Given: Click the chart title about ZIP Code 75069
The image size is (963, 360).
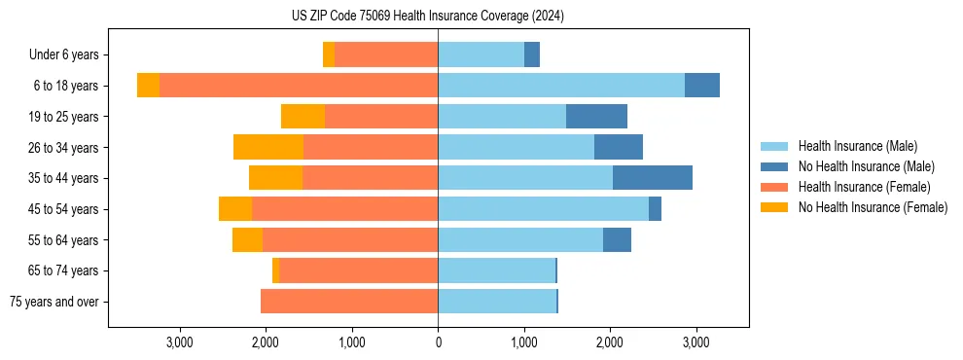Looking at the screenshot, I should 428,16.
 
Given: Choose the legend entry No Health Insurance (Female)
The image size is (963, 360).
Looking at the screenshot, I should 873,207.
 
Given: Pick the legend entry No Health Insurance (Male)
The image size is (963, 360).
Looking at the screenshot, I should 866,166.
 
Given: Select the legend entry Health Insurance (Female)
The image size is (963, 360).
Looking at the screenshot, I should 864,187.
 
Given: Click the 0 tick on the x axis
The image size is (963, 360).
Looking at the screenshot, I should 438,342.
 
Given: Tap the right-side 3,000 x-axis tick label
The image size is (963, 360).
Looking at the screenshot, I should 695,342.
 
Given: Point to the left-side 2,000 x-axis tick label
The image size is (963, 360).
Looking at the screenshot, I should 266,342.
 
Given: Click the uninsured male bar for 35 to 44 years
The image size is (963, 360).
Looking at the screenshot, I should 653,178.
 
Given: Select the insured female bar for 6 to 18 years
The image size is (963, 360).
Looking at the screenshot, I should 299,86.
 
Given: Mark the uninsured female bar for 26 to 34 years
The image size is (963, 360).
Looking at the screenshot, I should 268,147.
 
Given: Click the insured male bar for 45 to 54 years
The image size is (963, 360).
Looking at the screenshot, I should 543,209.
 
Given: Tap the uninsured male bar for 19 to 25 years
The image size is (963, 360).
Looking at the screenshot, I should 596,117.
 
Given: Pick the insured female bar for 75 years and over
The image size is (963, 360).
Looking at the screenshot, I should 349,302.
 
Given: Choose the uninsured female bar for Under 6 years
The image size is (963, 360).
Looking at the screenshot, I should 329,54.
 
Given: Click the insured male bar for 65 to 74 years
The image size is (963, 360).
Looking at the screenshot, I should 496,270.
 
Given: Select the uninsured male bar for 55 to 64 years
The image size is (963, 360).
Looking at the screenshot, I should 617,239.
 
